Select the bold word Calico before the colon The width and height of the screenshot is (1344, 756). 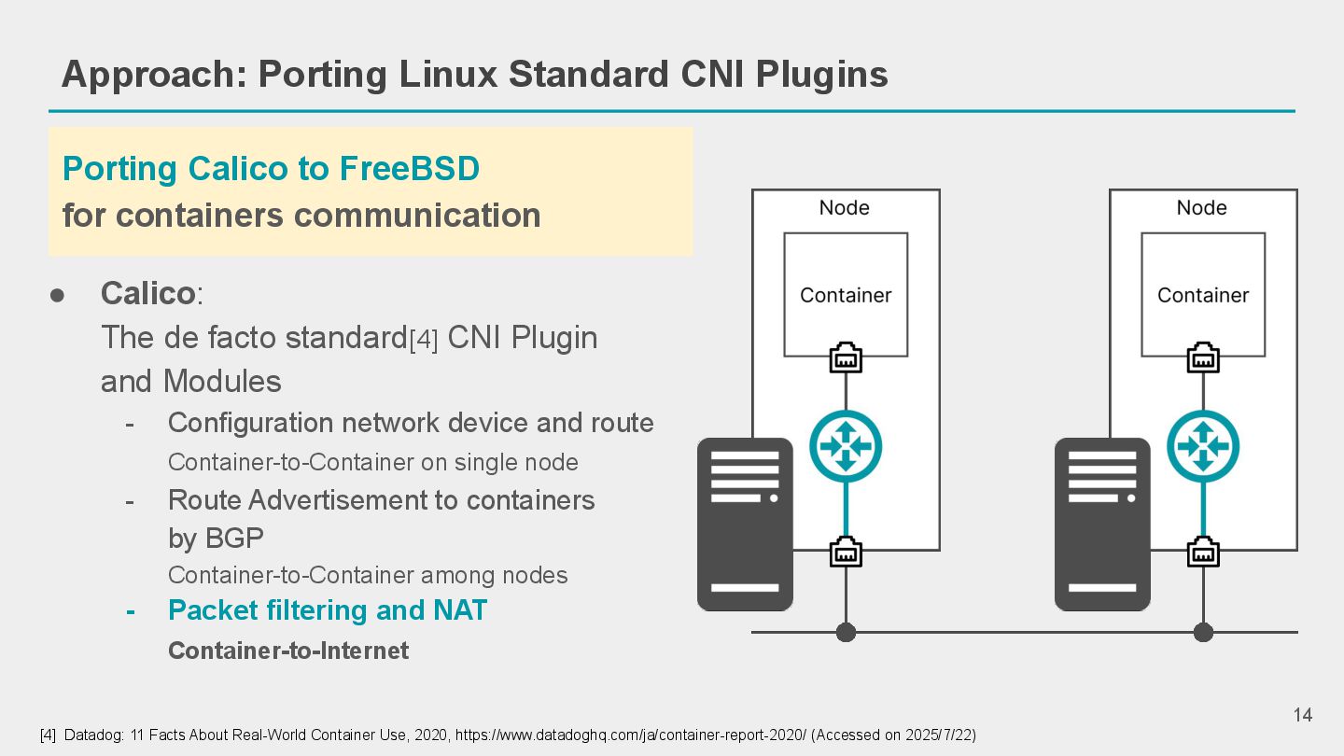pos(147,293)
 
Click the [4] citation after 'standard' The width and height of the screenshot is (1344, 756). pos(424,341)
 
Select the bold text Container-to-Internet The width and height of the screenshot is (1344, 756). pos(288,651)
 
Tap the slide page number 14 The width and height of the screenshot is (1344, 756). pos(1302,715)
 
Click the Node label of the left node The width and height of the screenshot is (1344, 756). pos(844,208)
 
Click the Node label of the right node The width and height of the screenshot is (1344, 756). pos(1201,208)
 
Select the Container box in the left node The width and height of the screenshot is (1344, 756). pos(846,294)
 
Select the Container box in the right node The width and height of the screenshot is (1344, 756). pos(1203,294)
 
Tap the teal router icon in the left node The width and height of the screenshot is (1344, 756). pos(846,446)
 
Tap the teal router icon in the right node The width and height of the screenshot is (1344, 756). pos(1203,446)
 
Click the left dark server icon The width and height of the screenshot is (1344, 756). pos(745,525)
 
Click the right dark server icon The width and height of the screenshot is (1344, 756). pos(1102,525)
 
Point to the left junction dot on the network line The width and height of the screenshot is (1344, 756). pos(846,633)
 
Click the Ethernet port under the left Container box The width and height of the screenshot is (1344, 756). pos(846,357)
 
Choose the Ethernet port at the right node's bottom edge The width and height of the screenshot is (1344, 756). pos(1203,552)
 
